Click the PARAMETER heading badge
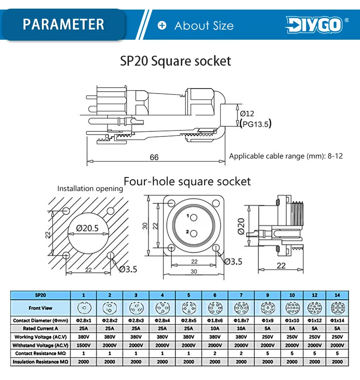pyautogui.click(x=63, y=24)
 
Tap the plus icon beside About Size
pyautogui.click(x=162, y=25)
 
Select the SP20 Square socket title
pyautogui.click(x=175, y=61)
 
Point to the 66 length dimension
pyautogui.click(x=154, y=157)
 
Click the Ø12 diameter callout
pyautogui.click(x=247, y=114)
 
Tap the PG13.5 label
pyautogui.click(x=256, y=124)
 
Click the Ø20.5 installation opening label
pyautogui.click(x=87, y=228)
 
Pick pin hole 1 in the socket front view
pyautogui.click(x=193, y=218)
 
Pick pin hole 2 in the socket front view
pyautogui.click(x=193, y=234)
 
